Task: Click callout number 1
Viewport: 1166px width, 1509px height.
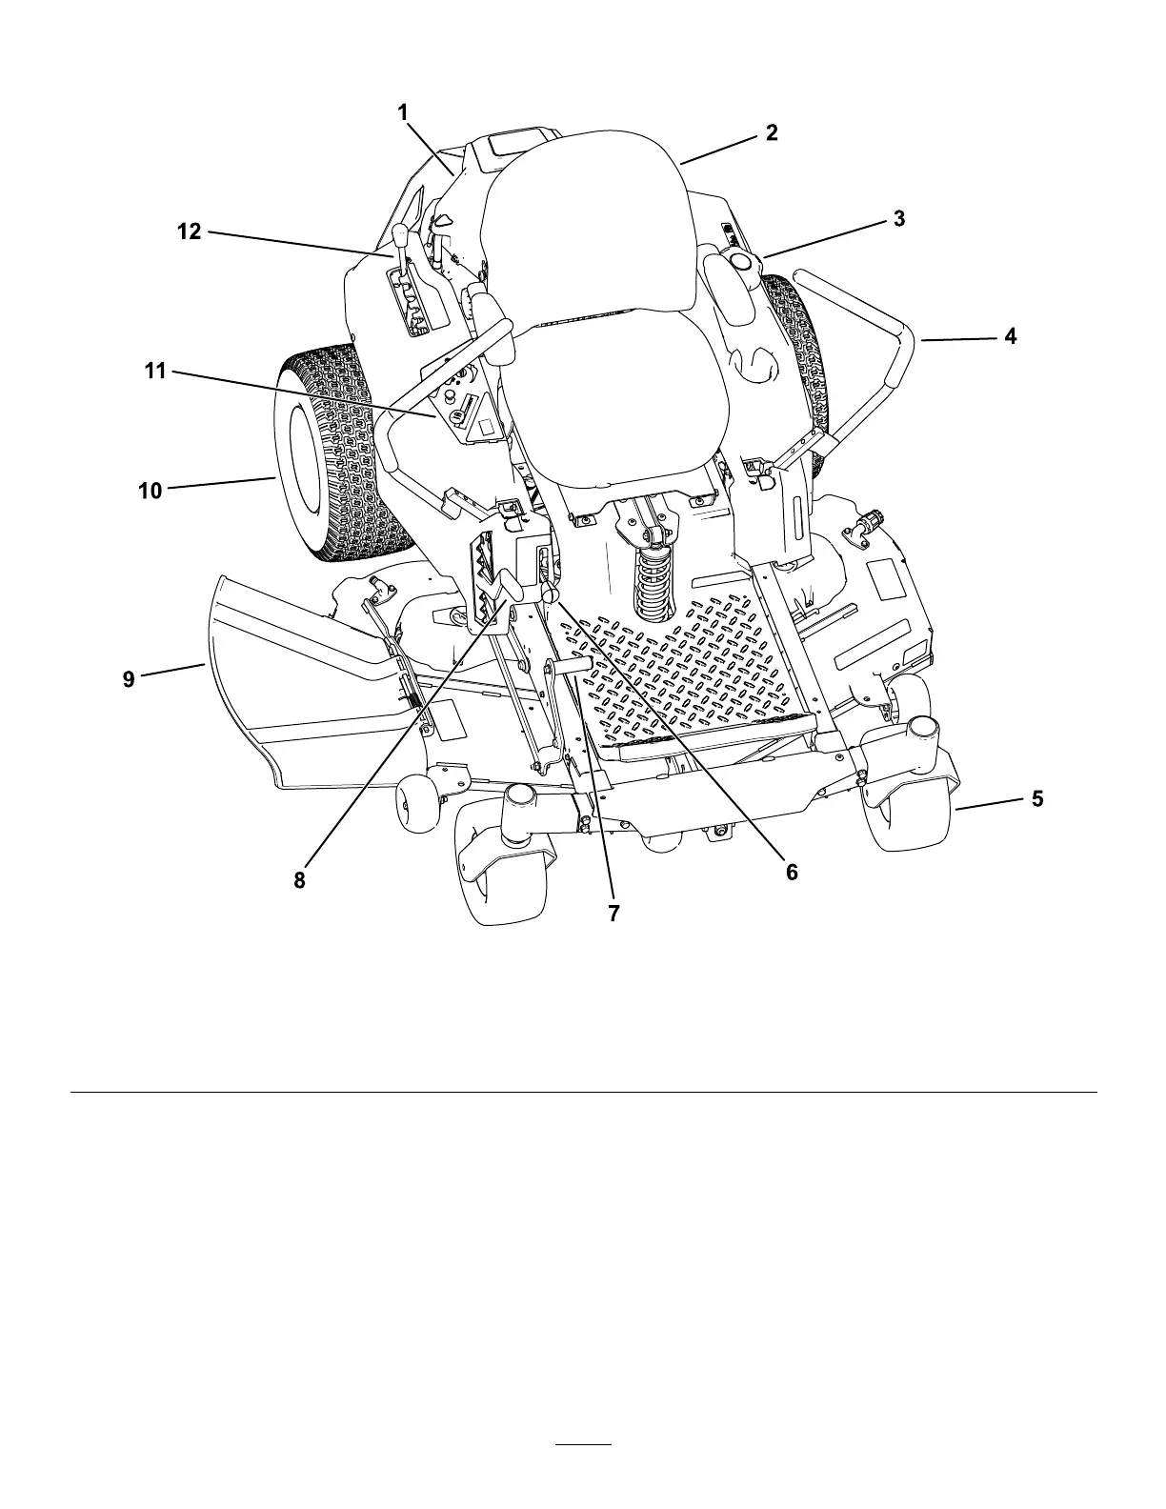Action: point(403,111)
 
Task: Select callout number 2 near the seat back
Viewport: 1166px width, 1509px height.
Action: point(772,132)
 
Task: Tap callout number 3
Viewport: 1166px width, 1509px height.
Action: point(898,218)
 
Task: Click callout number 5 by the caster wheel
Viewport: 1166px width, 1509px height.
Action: point(1037,798)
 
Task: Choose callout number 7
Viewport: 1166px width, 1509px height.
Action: point(613,913)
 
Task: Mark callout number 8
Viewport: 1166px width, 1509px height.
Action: point(299,880)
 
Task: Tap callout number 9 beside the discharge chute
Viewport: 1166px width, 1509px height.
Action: point(129,680)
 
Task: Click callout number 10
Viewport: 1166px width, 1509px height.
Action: point(151,490)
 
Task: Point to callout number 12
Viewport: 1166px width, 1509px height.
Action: point(189,231)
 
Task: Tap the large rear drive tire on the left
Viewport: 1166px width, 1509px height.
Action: point(329,448)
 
